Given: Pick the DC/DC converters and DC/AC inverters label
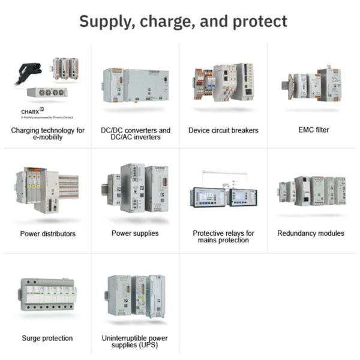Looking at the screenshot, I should tap(136, 134).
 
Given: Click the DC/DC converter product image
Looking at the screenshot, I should tap(136, 85).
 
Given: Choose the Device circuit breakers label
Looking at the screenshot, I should tap(223, 130).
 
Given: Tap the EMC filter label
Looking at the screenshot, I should tap(311, 130).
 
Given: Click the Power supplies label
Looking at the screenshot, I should tap(136, 234).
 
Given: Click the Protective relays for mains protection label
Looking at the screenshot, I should tap(223, 236).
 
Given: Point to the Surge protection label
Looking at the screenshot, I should tap(47, 338).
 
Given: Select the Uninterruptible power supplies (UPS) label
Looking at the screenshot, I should tap(136, 342).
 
